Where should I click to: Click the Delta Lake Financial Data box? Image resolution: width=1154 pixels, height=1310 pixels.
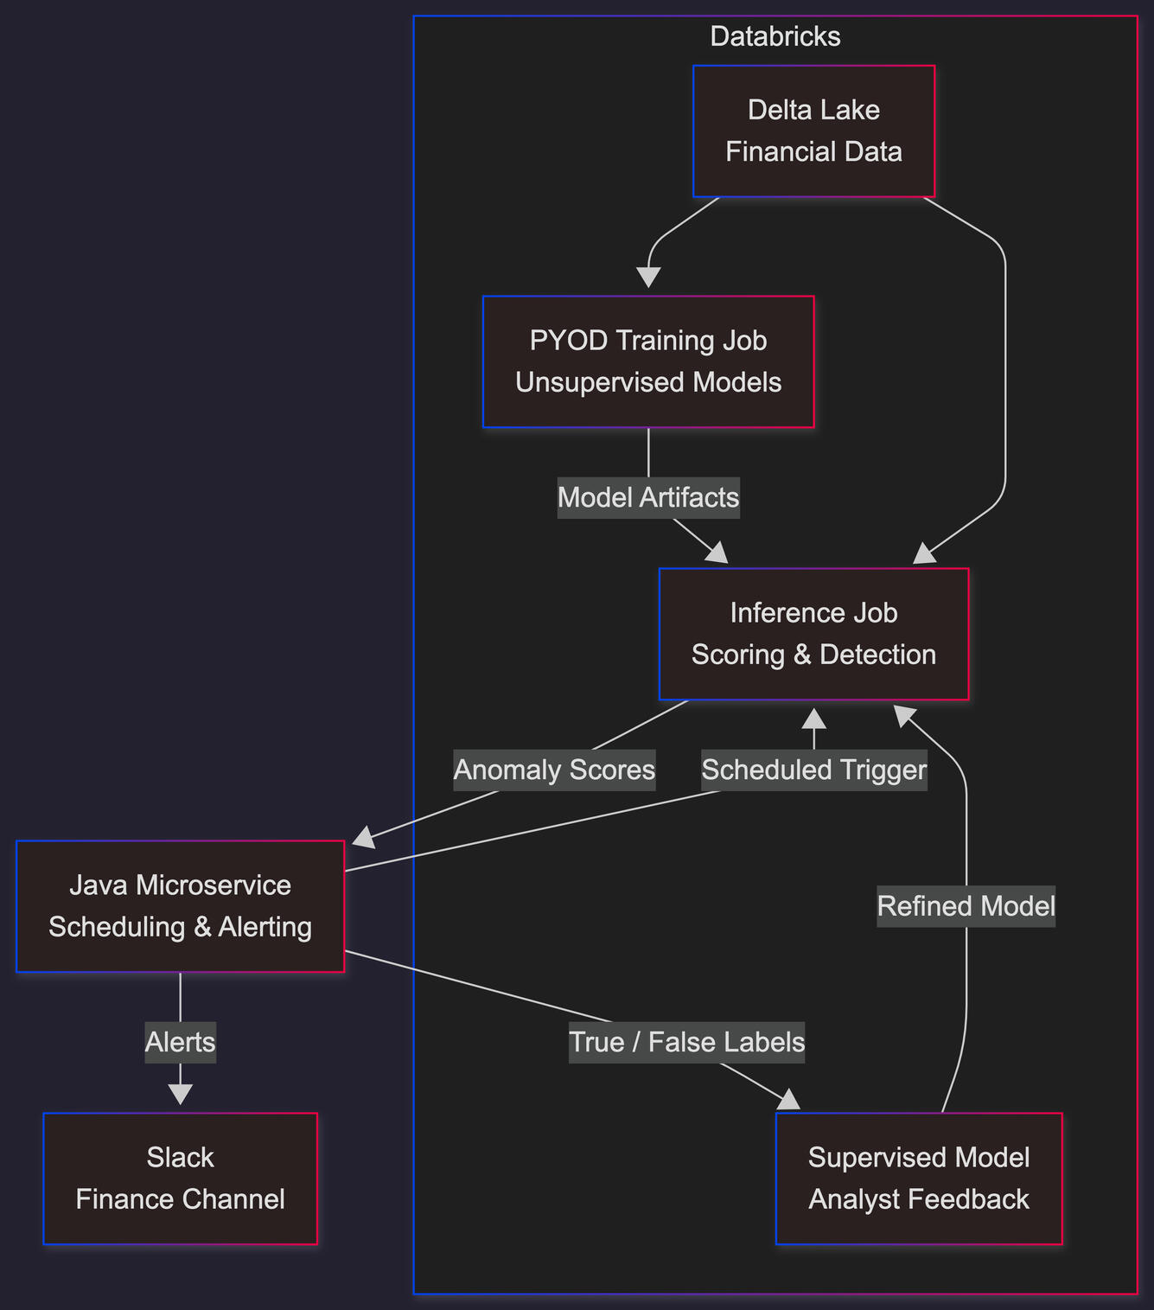pos(813,131)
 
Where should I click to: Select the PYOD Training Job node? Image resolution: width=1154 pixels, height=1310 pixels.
pos(648,361)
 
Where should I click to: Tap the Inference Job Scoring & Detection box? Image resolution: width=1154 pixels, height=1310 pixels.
pos(813,634)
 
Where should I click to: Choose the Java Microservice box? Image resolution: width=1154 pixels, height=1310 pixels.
pos(180,906)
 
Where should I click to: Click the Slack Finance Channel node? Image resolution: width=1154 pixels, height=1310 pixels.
pos(180,1179)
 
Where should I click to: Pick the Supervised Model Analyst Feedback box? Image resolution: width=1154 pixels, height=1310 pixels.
pos(919,1179)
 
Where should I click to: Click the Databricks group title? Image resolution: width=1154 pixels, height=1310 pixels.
pos(775,36)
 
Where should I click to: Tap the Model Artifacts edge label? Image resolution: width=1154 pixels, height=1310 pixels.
pos(648,497)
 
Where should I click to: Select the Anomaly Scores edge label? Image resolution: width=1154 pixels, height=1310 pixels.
pos(554,770)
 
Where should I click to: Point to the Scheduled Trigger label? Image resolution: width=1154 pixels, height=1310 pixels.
pos(813,770)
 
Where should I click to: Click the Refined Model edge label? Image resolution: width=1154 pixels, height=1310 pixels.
pos(966,906)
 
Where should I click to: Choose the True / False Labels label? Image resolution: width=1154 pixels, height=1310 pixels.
pos(687,1042)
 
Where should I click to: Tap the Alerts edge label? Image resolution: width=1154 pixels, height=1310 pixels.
pos(180,1042)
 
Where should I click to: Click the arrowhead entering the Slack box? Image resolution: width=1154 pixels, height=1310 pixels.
pos(180,1096)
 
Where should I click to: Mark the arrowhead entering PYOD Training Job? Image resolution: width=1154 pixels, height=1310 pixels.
pos(648,278)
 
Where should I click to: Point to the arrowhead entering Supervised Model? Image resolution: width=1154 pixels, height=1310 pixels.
pos(789,1101)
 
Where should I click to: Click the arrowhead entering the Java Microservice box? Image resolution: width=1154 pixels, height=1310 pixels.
pos(364,837)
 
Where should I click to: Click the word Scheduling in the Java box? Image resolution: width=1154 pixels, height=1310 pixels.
pos(118,927)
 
